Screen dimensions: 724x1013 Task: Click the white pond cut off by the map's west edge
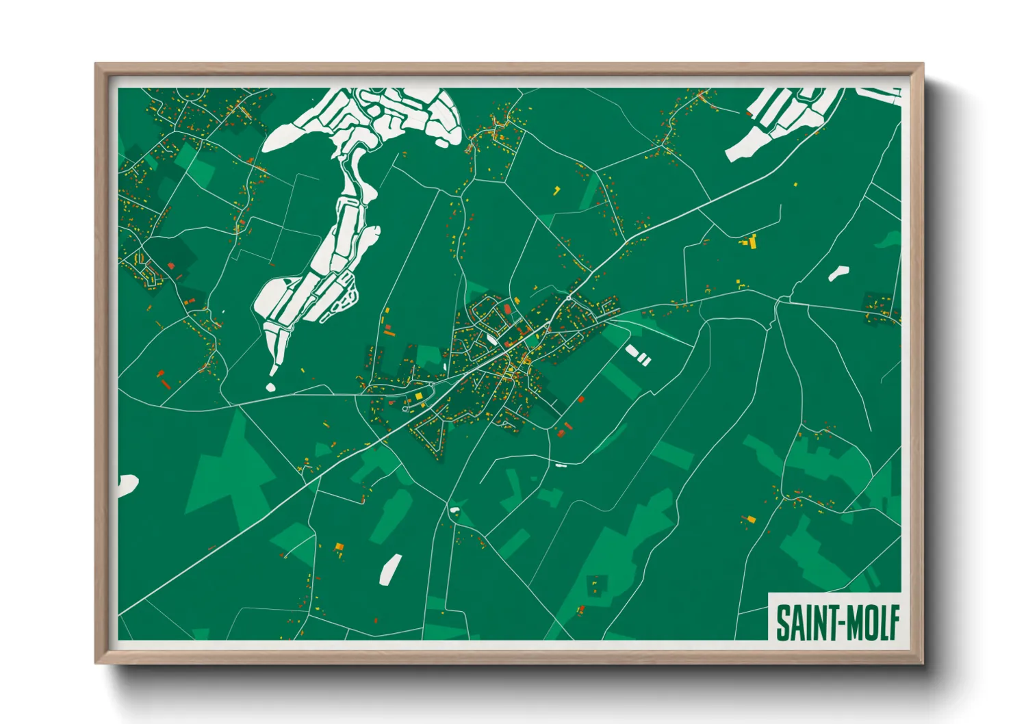(127, 484)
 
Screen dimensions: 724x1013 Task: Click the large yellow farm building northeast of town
(750, 242)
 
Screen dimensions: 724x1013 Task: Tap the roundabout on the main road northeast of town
(569, 298)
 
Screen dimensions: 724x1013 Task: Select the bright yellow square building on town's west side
(419, 396)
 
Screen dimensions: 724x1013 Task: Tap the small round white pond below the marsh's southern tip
(270, 387)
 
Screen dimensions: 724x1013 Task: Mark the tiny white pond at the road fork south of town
(454, 510)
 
